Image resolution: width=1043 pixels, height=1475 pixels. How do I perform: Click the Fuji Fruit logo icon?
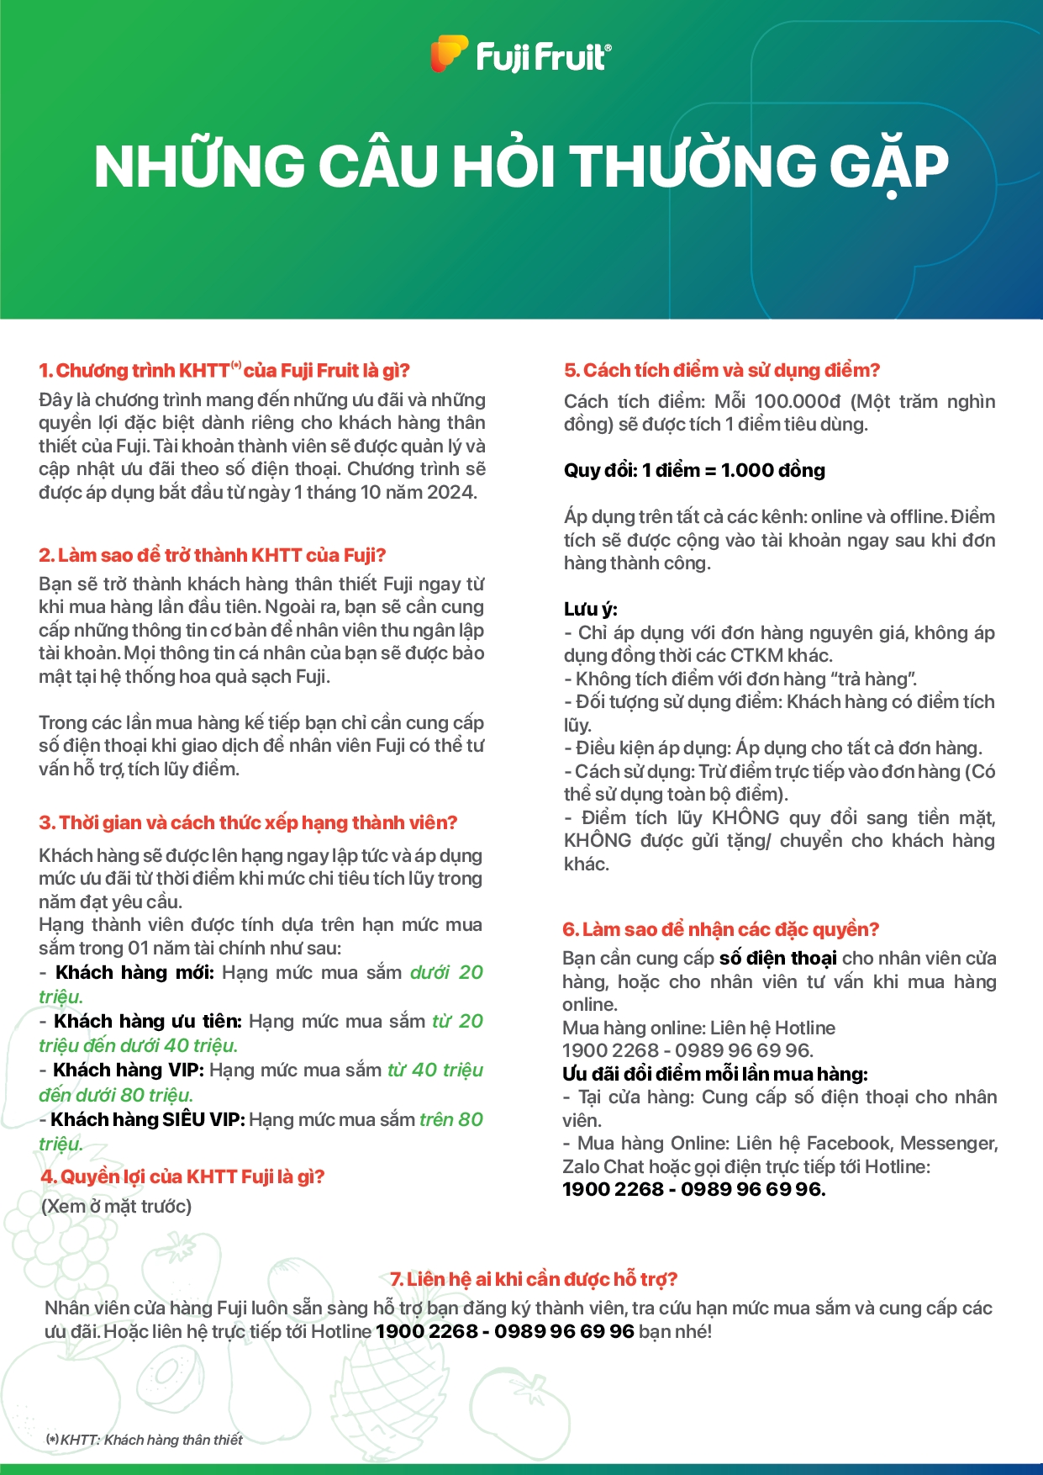(x=449, y=54)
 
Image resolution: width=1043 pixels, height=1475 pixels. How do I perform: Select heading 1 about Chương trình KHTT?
(x=224, y=371)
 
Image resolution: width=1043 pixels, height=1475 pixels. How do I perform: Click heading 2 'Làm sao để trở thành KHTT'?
(x=213, y=555)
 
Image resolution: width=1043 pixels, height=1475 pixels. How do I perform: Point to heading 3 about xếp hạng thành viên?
(x=248, y=822)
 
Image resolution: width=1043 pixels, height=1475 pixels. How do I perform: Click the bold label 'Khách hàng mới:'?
(x=134, y=973)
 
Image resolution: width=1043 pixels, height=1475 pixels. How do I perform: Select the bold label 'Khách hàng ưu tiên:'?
(x=148, y=1022)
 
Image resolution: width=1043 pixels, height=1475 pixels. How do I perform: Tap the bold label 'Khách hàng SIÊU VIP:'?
(x=148, y=1120)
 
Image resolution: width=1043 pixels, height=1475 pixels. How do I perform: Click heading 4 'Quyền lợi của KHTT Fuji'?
(x=182, y=1176)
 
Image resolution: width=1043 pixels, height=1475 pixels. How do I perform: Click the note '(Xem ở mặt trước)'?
(x=116, y=1207)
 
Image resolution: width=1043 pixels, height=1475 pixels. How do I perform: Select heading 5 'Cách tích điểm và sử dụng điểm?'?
(x=722, y=371)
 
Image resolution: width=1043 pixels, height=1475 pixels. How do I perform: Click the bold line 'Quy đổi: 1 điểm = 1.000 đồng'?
(x=694, y=470)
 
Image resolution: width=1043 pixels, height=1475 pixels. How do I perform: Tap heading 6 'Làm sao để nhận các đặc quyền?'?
(x=720, y=929)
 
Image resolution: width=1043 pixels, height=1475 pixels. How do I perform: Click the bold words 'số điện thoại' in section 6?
(x=777, y=959)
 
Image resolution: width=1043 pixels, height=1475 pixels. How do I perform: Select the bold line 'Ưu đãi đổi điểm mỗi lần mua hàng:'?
(x=715, y=1074)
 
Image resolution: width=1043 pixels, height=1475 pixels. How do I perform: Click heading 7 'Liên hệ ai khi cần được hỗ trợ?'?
(x=534, y=1279)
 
